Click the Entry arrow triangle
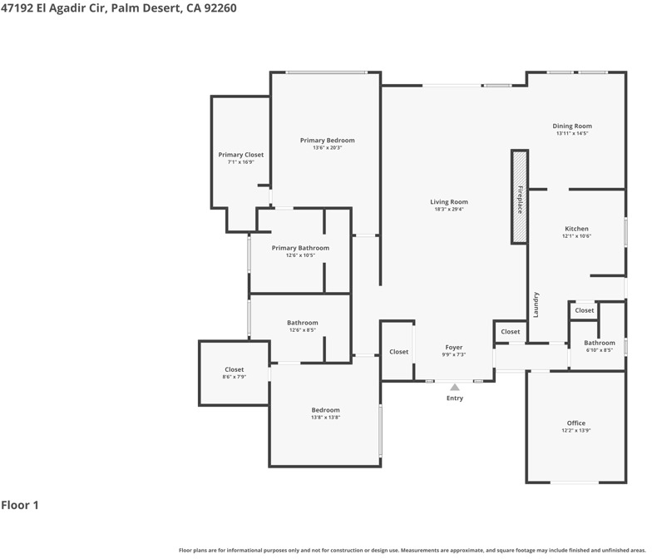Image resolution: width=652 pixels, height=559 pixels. [x=455, y=388]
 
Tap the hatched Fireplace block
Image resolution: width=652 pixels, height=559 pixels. [x=520, y=196]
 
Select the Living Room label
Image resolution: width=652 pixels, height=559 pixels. [x=449, y=202]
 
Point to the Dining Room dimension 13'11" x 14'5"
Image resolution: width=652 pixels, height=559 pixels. [x=572, y=133]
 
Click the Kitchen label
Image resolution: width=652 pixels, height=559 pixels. [x=577, y=229]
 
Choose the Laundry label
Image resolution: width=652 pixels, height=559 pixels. [x=536, y=304]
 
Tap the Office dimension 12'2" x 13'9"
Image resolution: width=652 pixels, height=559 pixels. [x=575, y=431]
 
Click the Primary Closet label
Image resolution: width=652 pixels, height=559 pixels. [x=241, y=155]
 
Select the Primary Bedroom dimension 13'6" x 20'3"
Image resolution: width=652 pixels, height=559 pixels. [x=328, y=148]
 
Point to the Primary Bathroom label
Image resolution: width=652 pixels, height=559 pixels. [x=301, y=248]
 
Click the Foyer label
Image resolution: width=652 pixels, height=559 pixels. [x=454, y=348]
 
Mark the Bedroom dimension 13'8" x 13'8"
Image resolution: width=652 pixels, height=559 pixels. [x=326, y=418]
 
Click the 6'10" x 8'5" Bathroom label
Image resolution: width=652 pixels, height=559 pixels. [x=600, y=343]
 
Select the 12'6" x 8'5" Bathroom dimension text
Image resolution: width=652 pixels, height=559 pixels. [x=303, y=330]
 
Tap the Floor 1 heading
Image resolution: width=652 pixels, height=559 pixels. [x=20, y=506]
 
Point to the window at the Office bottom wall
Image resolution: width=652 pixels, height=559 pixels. [x=575, y=482]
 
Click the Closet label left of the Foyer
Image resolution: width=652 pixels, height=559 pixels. [x=399, y=352]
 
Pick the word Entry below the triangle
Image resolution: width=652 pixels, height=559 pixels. [x=455, y=398]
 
